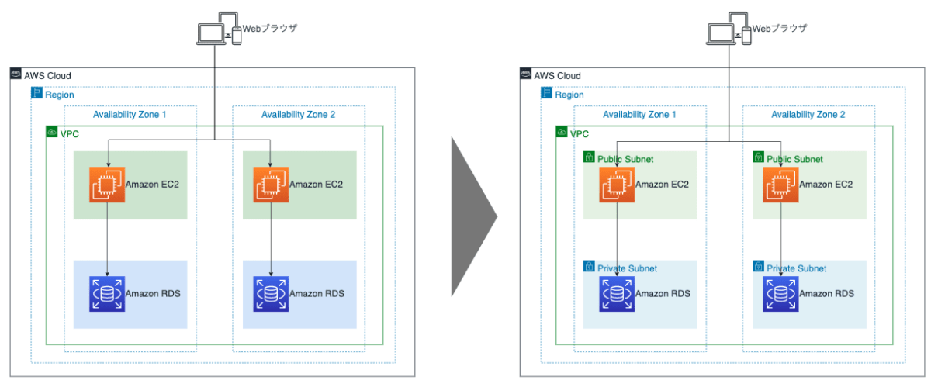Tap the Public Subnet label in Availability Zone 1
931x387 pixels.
click(x=625, y=159)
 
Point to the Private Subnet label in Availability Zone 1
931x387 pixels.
click(x=627, y=268)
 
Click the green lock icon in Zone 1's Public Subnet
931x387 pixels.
click(x=590, y=158)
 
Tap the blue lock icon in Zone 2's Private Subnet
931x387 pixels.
click(x=758, y=268)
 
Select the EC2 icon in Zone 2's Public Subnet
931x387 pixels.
click(x=780, y=185)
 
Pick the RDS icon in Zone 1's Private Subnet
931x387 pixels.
click(x=617, y=294)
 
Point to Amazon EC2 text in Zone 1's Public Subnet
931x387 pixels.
click(x=662, y=185)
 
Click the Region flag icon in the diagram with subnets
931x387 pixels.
click(x=547, y=95)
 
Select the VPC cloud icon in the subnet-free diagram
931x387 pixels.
click(x=52, y=133)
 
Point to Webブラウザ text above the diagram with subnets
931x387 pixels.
click(x=780, y=28)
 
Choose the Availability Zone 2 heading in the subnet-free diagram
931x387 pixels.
click(x=299, y=115)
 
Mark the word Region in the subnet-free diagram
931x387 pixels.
click(x=60, y=95)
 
